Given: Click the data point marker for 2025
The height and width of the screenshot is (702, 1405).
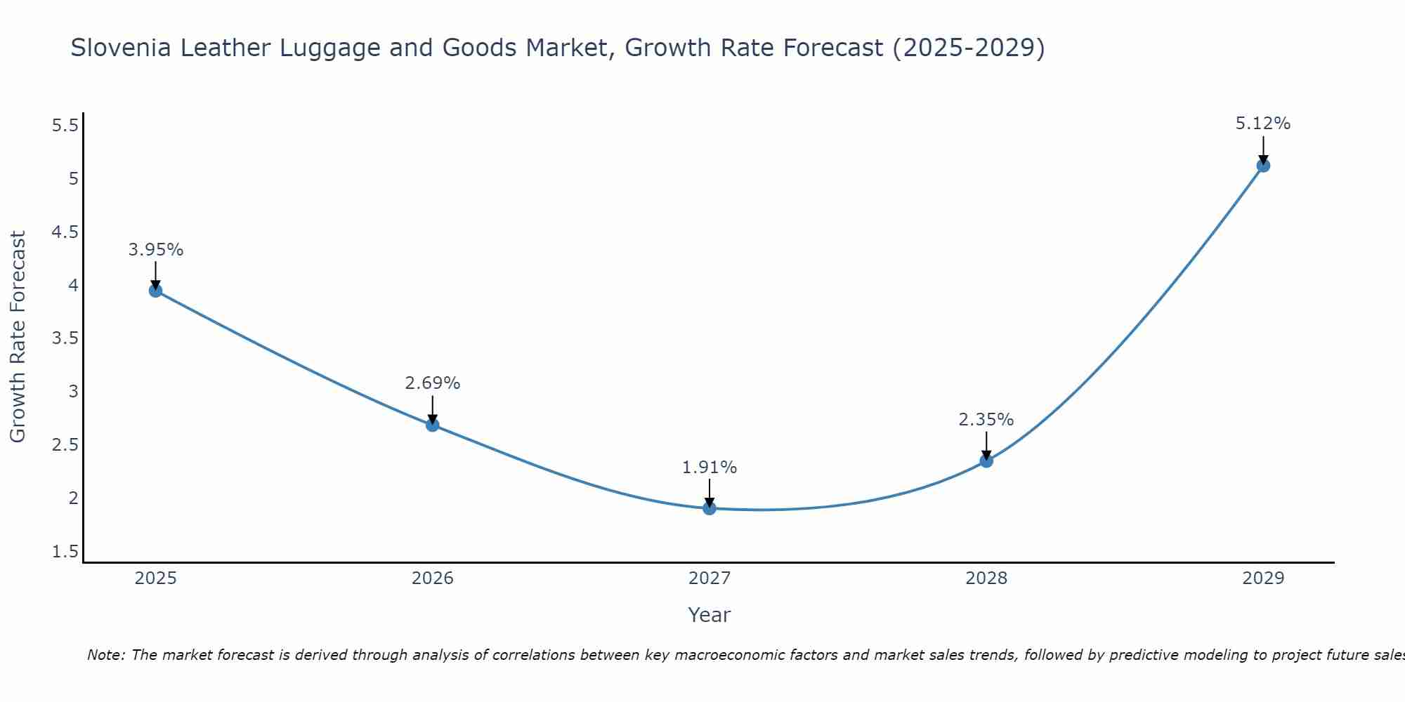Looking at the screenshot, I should tap(156, 291).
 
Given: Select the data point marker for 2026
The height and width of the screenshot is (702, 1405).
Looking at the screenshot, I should tap(433, 425).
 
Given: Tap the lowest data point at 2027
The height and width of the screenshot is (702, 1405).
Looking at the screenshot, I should tap(710, 508).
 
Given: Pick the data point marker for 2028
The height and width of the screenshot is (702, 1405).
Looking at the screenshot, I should tap(986, 461).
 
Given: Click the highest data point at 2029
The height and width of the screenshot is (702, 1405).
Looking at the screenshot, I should tap(1263, 166).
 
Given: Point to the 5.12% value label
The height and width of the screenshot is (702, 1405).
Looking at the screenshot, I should tap(1263, 124).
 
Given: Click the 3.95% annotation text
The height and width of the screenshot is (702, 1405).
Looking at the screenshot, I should tap(156, 250).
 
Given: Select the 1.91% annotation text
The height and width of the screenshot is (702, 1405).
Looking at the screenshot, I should tap(710, 468).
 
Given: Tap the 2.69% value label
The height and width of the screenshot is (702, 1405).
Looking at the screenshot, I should tap(433, 383).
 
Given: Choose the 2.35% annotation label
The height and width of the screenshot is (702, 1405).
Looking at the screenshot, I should tap(986, 420).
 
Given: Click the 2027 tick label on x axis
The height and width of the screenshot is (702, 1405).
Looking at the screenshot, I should tap(710, 578).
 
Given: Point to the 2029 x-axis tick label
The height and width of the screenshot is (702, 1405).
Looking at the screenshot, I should tap(1263, 578).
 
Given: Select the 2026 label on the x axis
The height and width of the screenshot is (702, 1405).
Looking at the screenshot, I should tap(433, 578).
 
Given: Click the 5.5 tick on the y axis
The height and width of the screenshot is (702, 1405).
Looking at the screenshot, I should tap(65, 126).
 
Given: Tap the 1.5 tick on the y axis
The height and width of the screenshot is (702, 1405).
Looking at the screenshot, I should tap(65, 552).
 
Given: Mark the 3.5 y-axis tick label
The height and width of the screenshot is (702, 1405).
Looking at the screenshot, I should tap(65, 338).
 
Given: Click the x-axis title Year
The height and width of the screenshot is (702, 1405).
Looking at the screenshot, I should tap(710, 615).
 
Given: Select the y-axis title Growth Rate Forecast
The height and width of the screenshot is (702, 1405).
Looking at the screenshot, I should tap(18, 337).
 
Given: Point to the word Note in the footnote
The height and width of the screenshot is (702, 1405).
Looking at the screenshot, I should tap(105, 655).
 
